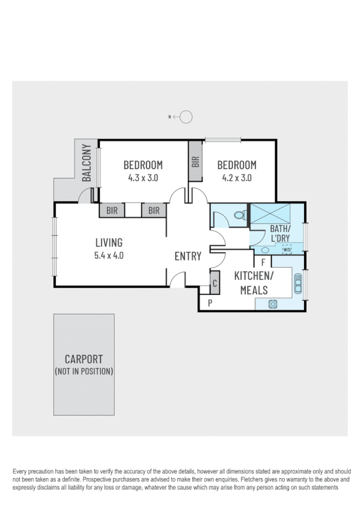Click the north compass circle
coord(186,117)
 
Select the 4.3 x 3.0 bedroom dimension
coord(143,178)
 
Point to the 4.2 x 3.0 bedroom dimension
coord(237,178)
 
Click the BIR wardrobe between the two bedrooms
coord(195,161)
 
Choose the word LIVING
coord(109,243)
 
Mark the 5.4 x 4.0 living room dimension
coord(109,254)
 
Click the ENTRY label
coord(188,257)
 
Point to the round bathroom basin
coord(264,250)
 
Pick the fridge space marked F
coord(263,262)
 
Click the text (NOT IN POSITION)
coord(84,372)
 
